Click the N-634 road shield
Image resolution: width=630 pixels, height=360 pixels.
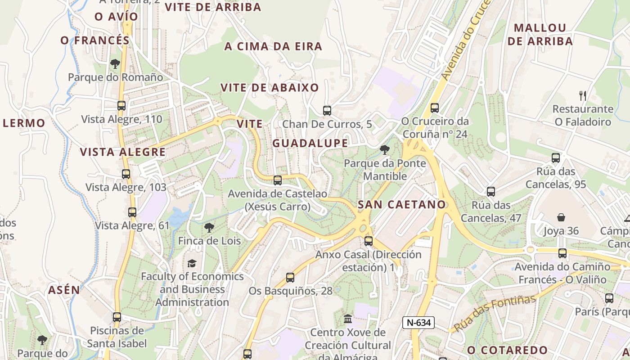tap(418, 322)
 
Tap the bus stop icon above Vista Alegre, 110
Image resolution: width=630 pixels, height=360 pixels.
tap(121, 106)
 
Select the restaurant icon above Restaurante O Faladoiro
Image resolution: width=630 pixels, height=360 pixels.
tap(583, 95)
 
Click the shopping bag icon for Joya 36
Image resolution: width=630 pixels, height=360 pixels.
tap(561, 218)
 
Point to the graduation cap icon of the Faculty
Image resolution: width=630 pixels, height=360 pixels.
tap(192, 263)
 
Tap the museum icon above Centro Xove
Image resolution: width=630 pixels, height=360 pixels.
tap(348, 319)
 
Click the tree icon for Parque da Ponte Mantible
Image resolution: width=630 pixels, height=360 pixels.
tap(384, 150)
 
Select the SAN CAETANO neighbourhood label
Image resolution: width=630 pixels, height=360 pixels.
tap(401, 204)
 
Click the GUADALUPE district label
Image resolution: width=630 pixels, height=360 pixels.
tap(310, 143)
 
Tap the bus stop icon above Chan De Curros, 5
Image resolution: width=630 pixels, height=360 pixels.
tap(327, 110)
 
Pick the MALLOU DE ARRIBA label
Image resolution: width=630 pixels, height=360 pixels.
tap(540, 34)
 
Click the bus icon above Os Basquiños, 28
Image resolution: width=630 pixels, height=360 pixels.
tap(290, 278)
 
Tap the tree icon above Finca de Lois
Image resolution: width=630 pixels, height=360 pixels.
tap(209, 228)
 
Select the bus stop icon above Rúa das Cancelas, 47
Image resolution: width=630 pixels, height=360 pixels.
tap(491, 192)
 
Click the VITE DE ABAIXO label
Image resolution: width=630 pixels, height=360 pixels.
tap(270, 87)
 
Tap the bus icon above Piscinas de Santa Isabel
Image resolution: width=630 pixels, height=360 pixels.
tap(117, 317)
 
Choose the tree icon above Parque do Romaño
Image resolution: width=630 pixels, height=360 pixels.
tap(115, 64)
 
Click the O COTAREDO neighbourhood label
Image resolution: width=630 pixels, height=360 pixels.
tap(507, 350)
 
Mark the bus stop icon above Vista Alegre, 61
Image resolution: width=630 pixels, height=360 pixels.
tap(132, 212)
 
